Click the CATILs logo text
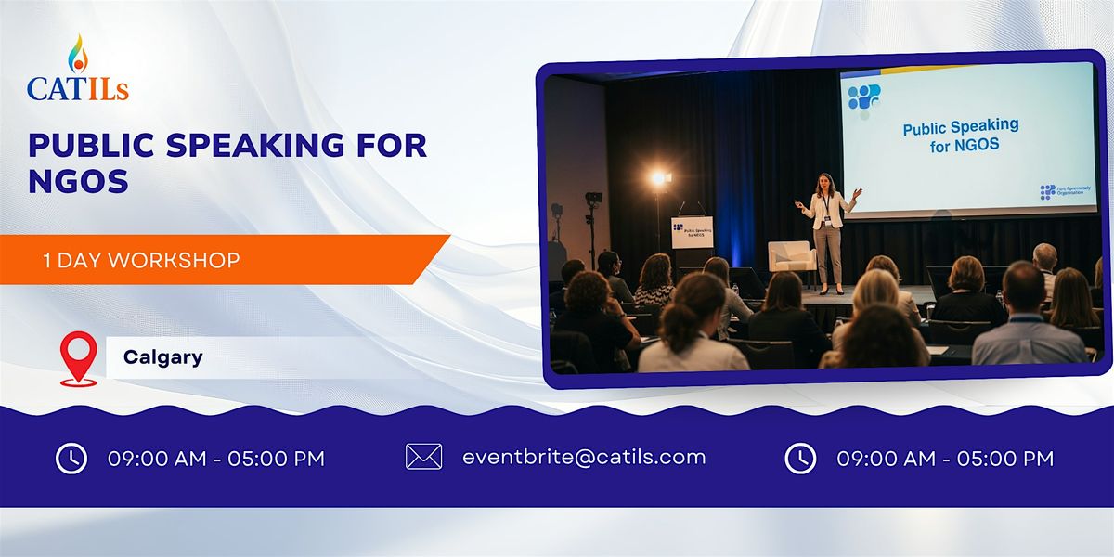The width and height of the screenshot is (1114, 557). point(78,88)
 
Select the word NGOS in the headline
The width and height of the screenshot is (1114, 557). point(78,181)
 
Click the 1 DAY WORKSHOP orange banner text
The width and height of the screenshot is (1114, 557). point(141,261)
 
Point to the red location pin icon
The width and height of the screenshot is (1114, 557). point(78,358)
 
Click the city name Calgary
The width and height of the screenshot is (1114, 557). point(162,357)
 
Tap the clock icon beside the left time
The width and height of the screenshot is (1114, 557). point(71,458)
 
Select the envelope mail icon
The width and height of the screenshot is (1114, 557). point(423,457)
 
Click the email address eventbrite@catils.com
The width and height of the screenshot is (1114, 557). point(584,457)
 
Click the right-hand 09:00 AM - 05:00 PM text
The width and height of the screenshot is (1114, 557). point(945,458)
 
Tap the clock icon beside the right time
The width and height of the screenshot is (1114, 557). point(800,458)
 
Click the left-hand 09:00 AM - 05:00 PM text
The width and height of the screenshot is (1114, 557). point(216,458)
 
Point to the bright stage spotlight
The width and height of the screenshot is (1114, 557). point(658,178)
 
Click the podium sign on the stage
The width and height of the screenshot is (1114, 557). point(692,232)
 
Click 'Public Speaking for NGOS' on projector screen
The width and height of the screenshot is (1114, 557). point(961,135)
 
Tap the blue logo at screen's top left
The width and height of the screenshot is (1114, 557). point(864,96)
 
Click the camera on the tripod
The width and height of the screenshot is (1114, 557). point(592,199)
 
